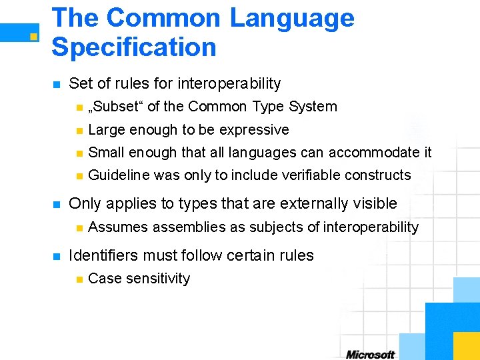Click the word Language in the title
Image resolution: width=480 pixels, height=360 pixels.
(x=291, y=19)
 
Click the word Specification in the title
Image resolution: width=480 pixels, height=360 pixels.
(x=134, y=47)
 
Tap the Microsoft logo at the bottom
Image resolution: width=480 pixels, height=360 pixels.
(x=371, y=354)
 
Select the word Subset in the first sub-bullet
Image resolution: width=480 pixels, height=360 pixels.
(x=115, y=107)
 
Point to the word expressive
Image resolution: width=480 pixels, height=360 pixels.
(x=255, y=130)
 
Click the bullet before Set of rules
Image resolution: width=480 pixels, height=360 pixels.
(x=57, y=85)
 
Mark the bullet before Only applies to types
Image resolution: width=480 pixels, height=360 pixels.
(x=57, y=204)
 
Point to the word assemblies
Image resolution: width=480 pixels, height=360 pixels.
(x=189, y=227)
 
